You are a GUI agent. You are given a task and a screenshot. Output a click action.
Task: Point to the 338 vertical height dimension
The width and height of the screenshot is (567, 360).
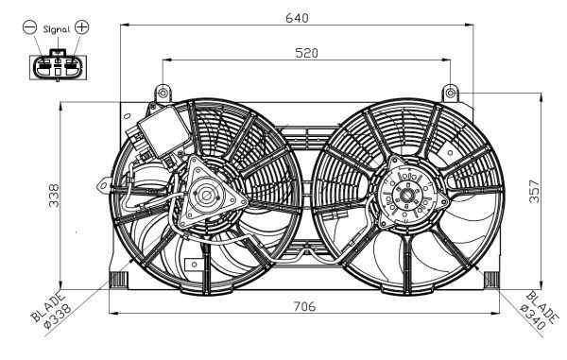55,195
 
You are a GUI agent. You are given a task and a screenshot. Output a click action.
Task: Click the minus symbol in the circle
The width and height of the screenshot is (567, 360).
29,27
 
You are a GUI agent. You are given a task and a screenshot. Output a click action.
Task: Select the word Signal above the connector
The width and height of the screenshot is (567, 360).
56,28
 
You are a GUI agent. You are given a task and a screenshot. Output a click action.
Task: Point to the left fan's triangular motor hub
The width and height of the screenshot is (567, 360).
205,197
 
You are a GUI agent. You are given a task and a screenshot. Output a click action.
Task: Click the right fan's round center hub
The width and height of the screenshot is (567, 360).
406,199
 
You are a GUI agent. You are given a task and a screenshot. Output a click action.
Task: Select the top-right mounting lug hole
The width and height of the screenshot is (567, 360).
452,92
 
